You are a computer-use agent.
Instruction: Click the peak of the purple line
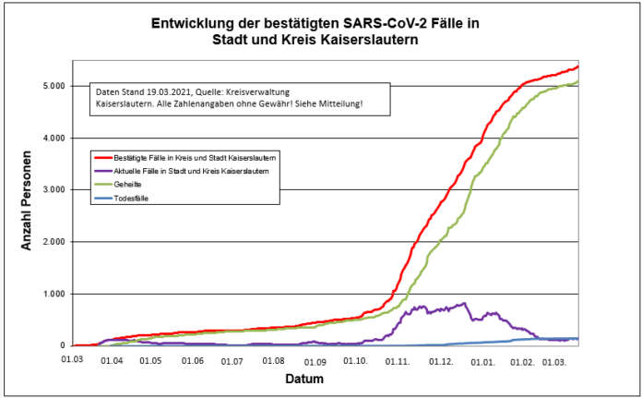tap(464, 303)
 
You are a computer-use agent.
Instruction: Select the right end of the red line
tap(577, 66)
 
